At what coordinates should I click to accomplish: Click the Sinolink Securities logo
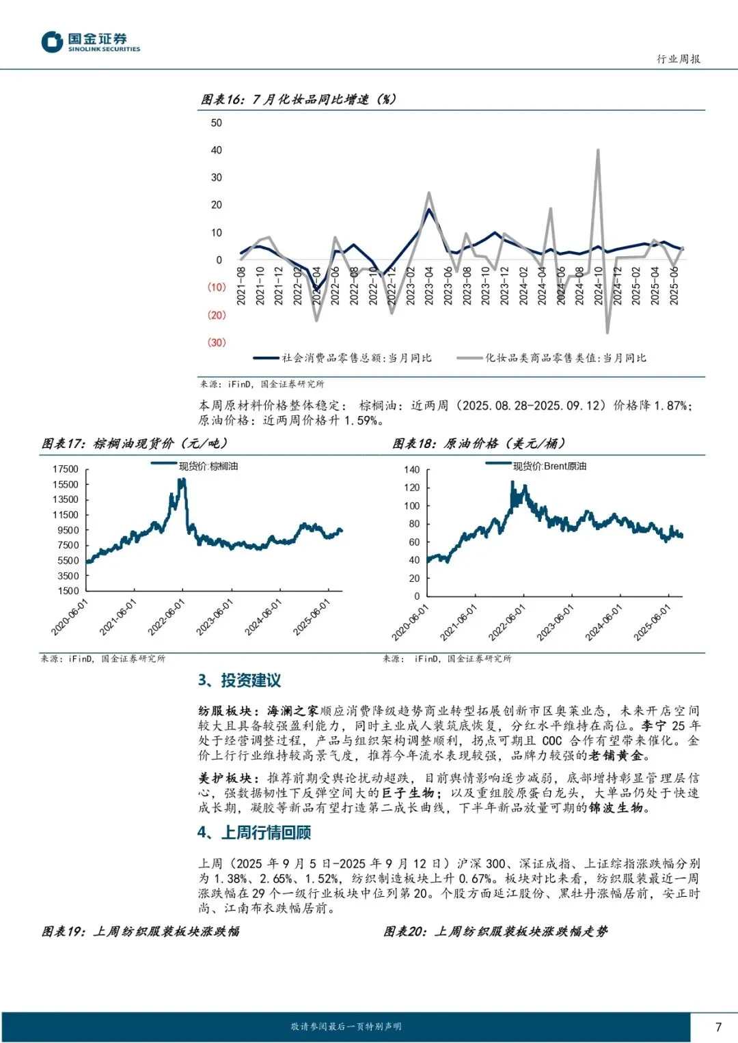point(90,42)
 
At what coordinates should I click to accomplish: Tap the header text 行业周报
point(678,59)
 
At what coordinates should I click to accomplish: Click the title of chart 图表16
point(298,100)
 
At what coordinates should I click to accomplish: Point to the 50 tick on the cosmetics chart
point(216,123)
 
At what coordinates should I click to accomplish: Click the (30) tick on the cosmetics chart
point(216,342)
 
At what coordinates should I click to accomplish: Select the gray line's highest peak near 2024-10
point(598,150)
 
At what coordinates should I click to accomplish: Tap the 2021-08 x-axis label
point(241,286)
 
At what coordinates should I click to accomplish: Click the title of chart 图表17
point(135,444)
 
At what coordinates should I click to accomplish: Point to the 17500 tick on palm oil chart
point(66,469)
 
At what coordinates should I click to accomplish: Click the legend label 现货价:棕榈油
point(208,467)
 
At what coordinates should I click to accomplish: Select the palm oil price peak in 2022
point(182,481)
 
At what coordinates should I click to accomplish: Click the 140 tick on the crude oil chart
point(412,470)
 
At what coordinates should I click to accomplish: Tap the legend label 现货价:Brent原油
point(549,467)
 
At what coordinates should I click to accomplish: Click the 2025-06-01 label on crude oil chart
point(653,622)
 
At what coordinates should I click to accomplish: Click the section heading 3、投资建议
point(239,680)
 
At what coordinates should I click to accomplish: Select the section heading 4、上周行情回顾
point(254,833)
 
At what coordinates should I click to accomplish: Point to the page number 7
point(718,1027)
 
